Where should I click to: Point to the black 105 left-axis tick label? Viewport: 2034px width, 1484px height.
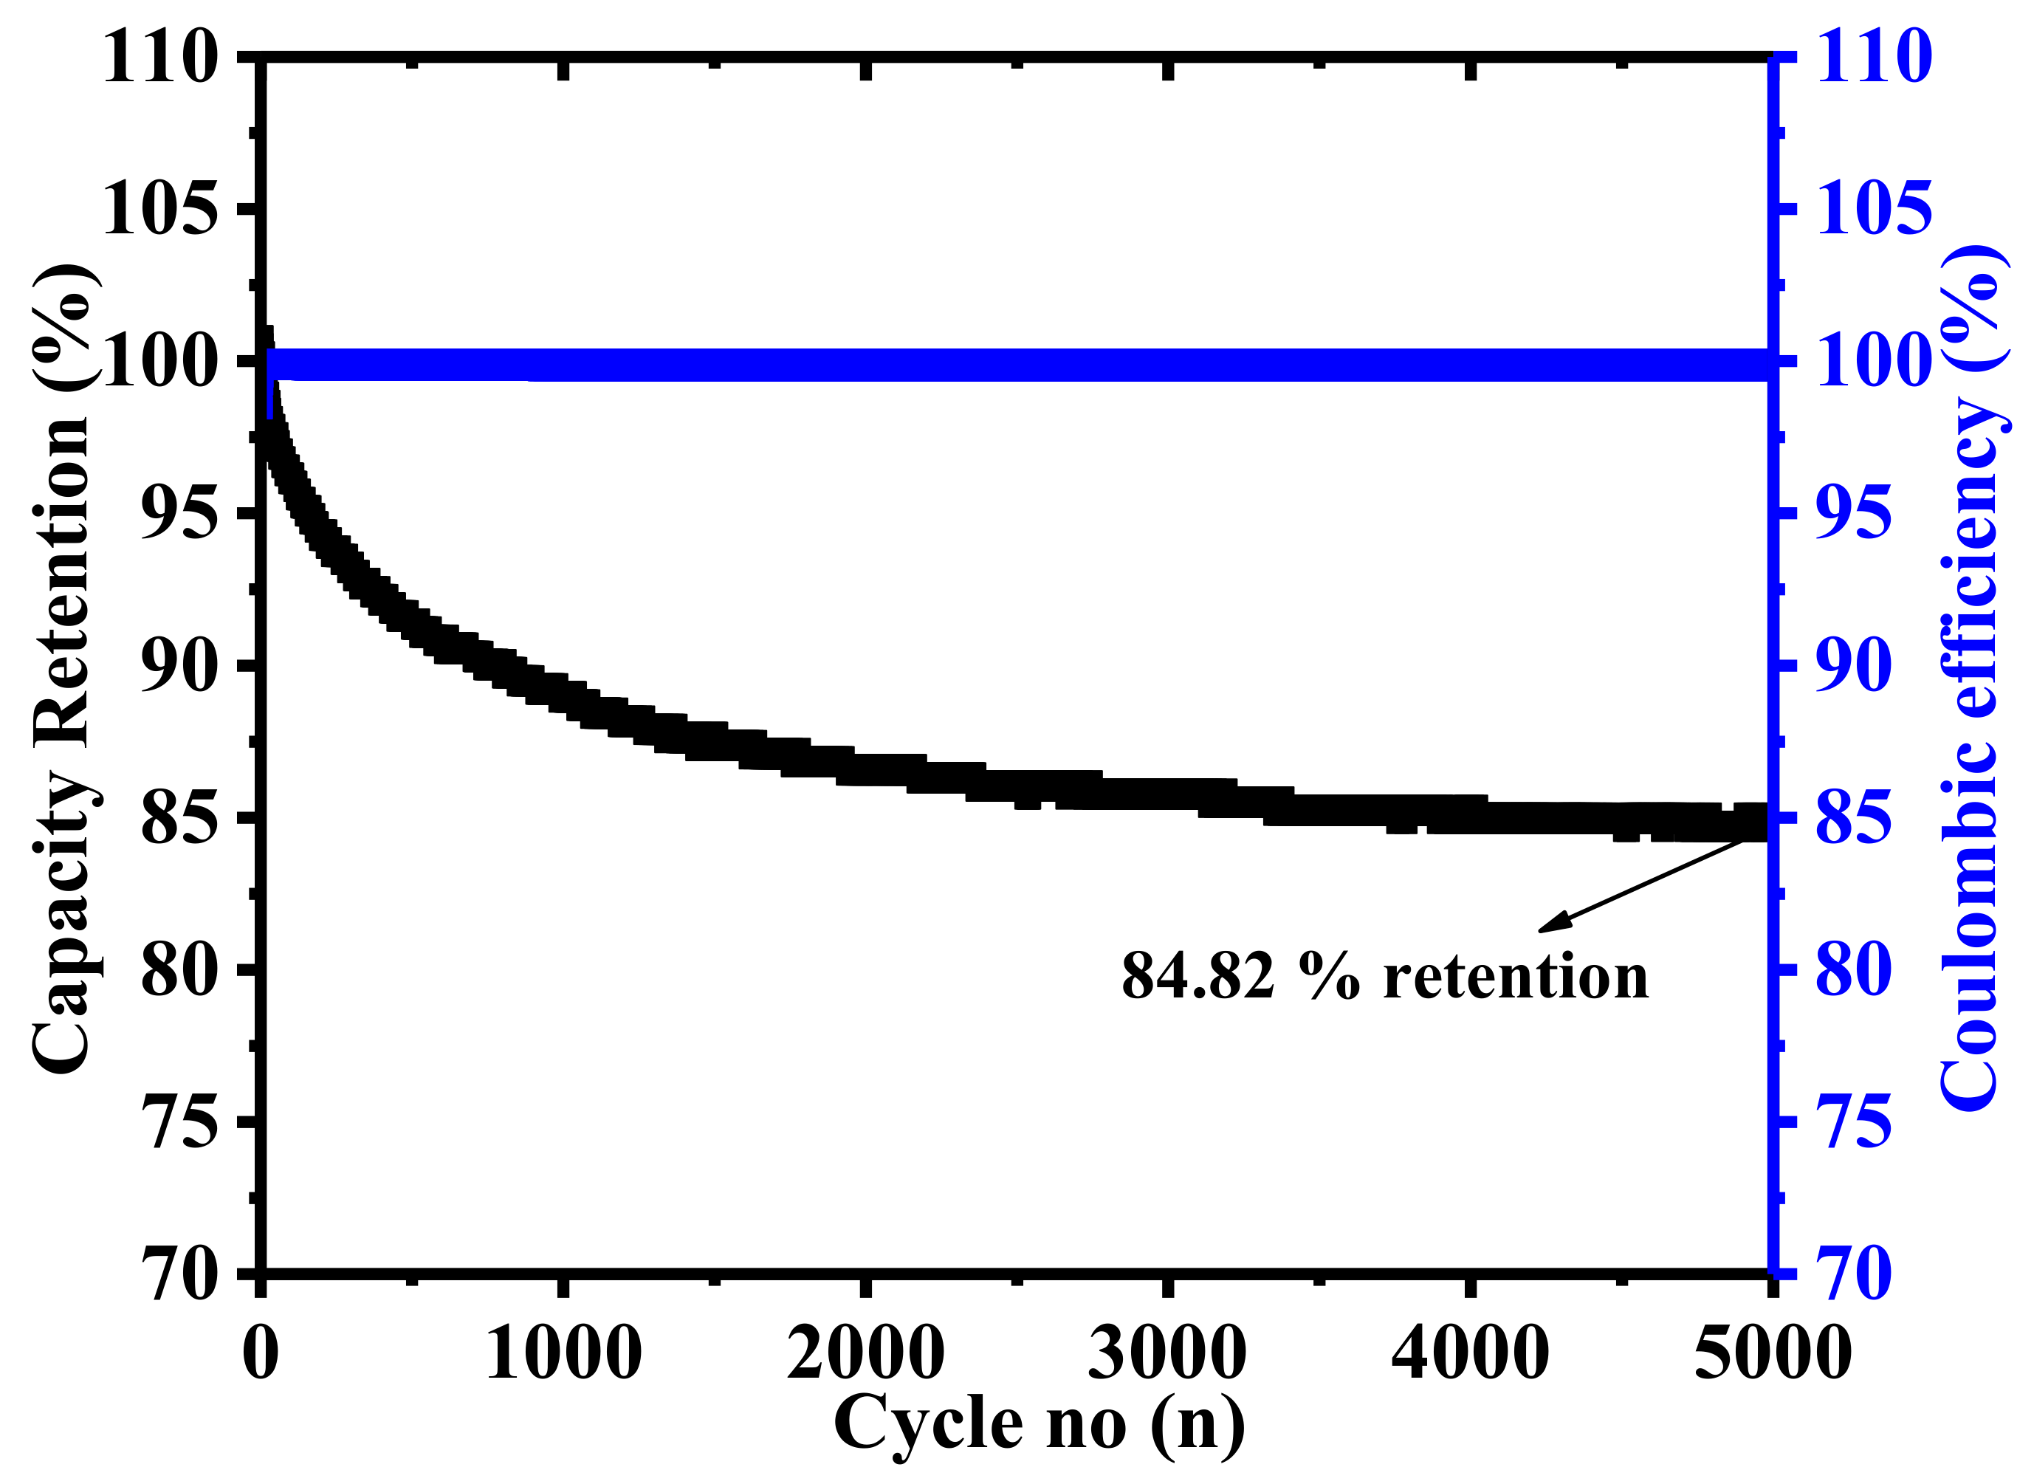tap(161, 208)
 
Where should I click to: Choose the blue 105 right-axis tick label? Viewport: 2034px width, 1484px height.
tap(1874, 208)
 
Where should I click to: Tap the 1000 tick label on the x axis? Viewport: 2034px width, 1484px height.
tap(563, 1352)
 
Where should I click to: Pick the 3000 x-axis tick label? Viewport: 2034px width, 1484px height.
tap(1167, 1352)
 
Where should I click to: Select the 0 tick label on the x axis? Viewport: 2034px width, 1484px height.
tap(261, 1352)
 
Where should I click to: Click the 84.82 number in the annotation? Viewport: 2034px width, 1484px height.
tap(1198, 977)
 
